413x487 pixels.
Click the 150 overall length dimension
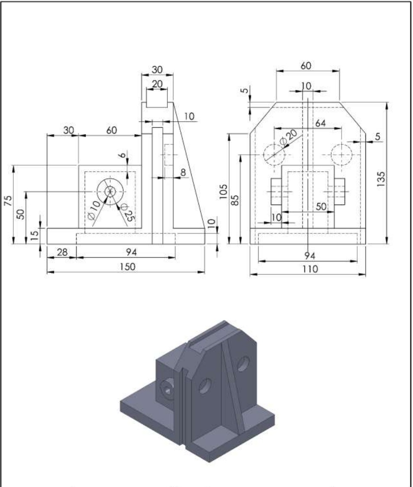[127, 267]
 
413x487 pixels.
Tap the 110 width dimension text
[310, 269]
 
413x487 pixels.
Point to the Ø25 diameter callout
[128, 211]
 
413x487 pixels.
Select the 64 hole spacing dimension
[320, 123]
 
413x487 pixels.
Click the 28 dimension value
[63, 252]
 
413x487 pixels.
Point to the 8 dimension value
[183, 172]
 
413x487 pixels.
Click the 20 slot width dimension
[157, 84]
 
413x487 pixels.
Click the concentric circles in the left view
[110, 191]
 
